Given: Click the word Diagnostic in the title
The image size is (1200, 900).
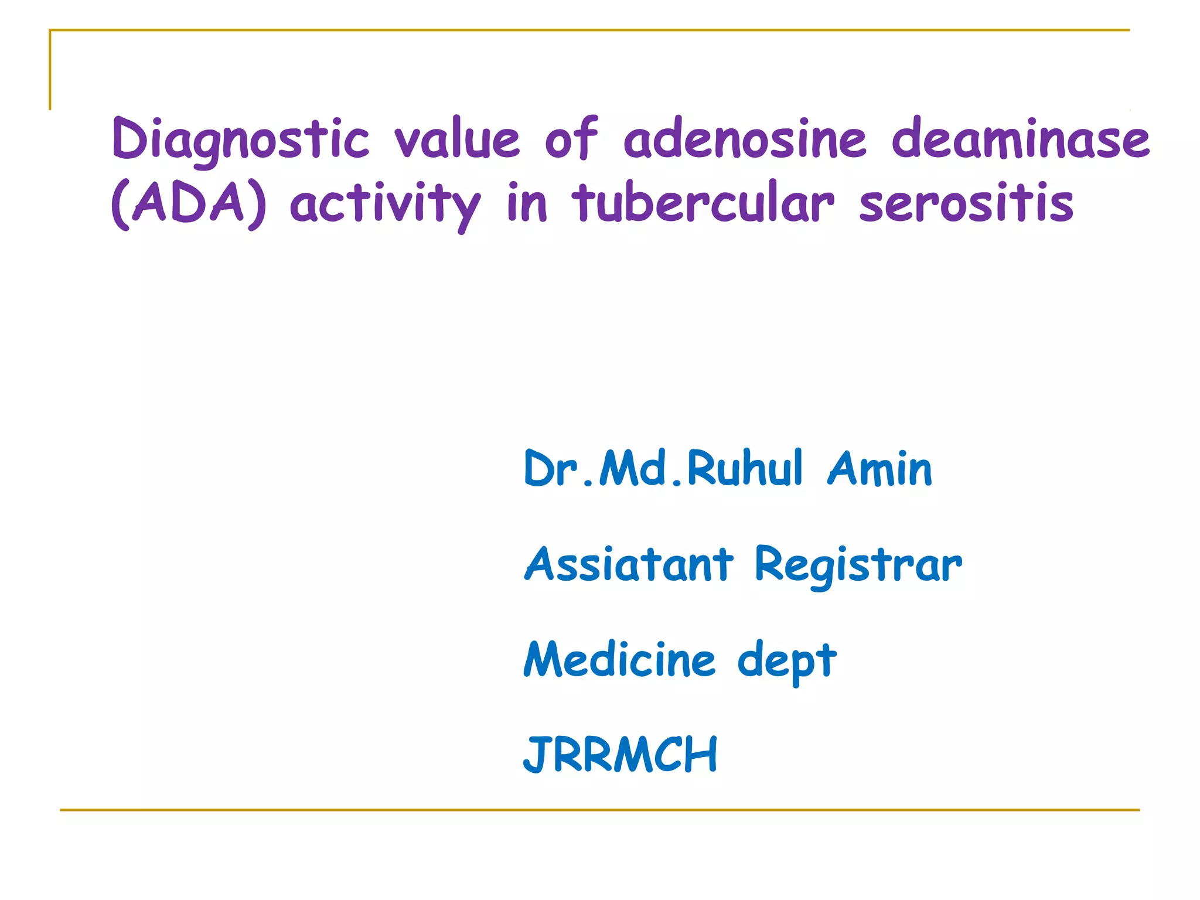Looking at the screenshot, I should coord(240,139).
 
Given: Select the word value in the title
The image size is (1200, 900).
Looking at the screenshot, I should coord(456,139).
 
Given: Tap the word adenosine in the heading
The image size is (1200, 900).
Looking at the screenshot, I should coord(744,139).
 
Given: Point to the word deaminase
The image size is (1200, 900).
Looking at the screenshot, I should coord(1020,139).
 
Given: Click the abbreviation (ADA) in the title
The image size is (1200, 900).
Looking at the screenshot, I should coord(189,203).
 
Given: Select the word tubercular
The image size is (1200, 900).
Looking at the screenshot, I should coord(703,203).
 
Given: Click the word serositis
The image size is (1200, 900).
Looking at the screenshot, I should coord(966,203).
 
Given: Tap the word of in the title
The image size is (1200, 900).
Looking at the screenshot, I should coord(571,139).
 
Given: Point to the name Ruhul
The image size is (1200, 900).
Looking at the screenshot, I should coord(744,468).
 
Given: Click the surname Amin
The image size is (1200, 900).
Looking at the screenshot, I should coord(879,468).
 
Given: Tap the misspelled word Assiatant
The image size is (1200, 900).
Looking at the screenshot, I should coord(629,564).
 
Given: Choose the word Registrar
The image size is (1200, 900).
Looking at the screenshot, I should coord(858,564).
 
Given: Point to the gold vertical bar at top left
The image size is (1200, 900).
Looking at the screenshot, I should coord(50,70).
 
